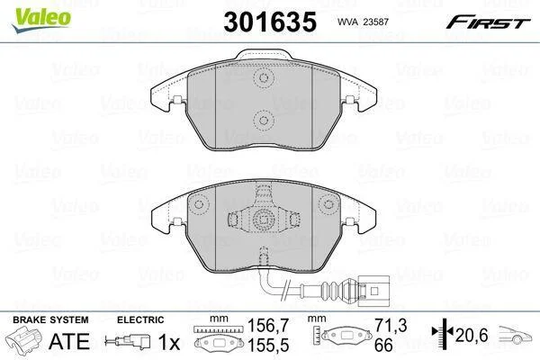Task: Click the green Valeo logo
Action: click(41, 20)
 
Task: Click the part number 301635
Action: click(270, 22)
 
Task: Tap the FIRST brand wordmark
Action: click(489, 22)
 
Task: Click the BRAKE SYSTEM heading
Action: click(50, 319)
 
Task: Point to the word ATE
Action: click(69, 341)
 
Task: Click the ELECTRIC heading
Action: click(140, 319)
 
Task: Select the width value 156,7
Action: click(268, 325)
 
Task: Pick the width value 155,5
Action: click(268, 345)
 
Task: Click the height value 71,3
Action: click(391, 325)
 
